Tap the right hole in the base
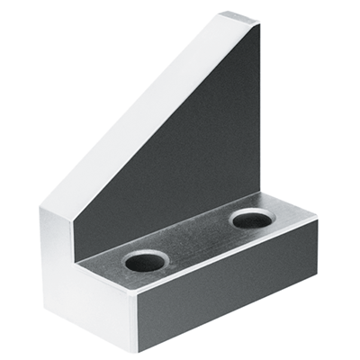coord(251,218)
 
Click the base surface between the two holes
coord(198,241)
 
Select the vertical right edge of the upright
coord(260,108)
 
